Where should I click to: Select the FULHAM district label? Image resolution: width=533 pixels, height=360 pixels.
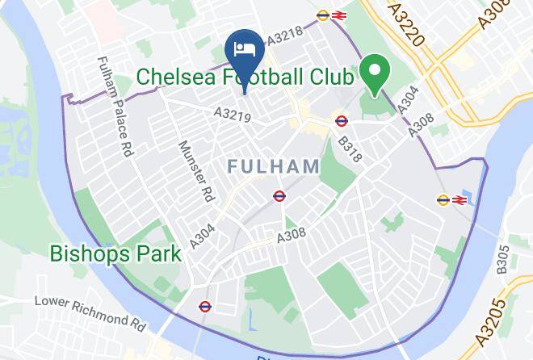click(274, 166)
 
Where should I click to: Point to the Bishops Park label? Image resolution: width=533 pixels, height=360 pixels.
click(115, 253)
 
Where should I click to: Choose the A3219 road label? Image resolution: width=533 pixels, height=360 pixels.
click(233, 117)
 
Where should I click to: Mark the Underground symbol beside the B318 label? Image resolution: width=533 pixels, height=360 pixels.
click(341, 122)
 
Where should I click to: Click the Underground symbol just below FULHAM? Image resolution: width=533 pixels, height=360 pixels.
click(279, 195)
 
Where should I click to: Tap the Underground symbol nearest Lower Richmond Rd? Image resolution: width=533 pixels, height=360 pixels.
click(204, 306)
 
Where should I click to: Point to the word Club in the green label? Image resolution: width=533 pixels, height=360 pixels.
click(329, 77)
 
